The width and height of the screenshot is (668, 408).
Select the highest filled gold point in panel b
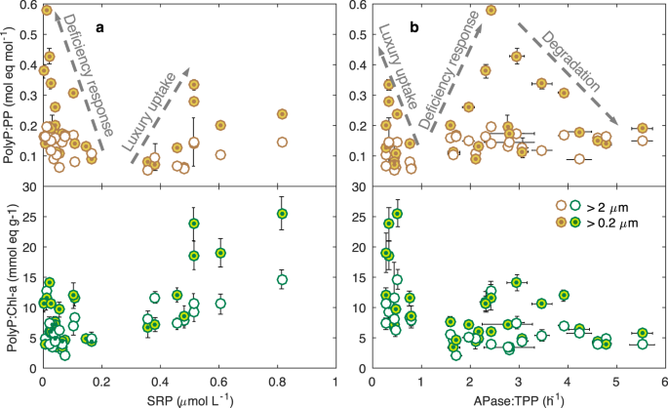(491, 10)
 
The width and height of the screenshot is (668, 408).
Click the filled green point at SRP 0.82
(282, 214)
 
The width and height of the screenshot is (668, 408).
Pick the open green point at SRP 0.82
(282, 280)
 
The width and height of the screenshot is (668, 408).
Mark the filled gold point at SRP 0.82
(282, 114)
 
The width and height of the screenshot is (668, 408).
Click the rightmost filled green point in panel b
(641, 333)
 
